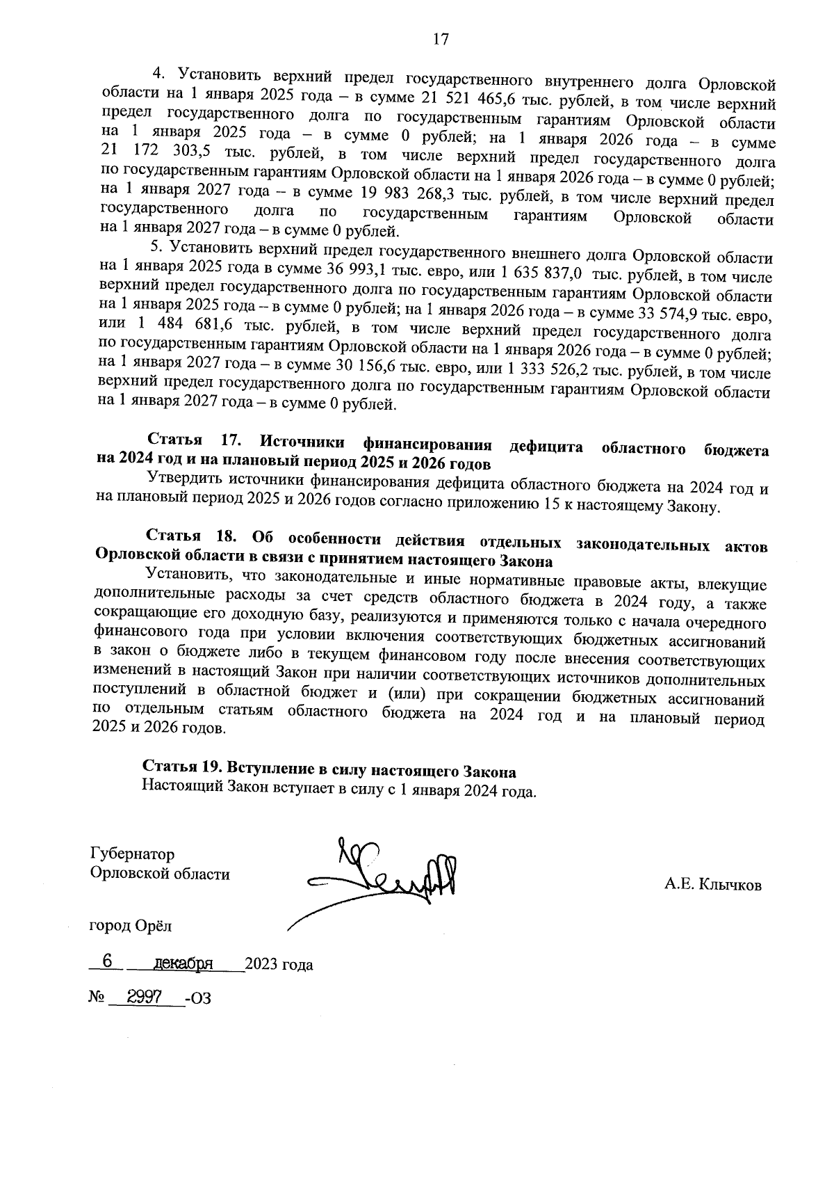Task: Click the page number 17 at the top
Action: [x=441, y=39]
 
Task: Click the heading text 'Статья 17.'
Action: [x=193, y=440]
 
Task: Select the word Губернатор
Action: [x=132, y=854]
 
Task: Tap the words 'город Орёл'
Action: [x=130, y=926]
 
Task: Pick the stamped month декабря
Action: [x=183, y=963]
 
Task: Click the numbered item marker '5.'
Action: [x=156, y=247]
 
